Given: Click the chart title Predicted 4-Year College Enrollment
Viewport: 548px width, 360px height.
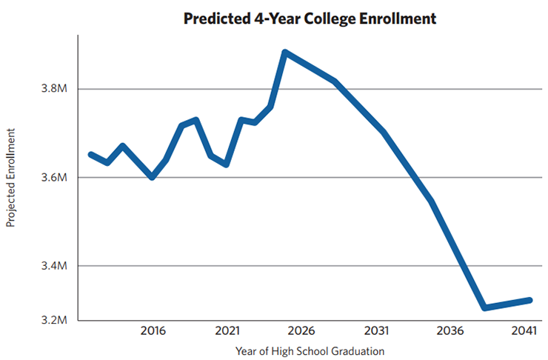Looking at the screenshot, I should (x=310, y=19).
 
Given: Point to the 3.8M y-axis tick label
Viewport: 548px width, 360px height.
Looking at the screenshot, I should (x=54, y=89).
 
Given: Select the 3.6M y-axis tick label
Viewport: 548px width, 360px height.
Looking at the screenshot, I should (x=54, y=178).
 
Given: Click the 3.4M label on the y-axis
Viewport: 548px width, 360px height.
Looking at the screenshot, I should (x=54, y=266).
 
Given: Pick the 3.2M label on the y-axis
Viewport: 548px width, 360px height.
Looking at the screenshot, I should (x=54, y=320).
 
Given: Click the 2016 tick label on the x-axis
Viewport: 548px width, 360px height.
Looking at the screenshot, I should (x=152, y=330).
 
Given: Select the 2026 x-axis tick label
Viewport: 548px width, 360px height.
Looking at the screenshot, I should (x=301, y=330).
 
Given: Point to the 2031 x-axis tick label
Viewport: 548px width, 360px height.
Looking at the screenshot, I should (x=376, y=330).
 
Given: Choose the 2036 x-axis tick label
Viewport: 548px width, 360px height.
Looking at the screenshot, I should (x=451, y=330).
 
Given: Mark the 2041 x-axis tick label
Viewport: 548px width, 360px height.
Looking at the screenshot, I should (x=525, y=330).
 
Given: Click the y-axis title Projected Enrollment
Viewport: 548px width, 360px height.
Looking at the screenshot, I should (x=11, y=177).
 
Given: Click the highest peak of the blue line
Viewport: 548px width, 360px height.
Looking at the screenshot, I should (x=285, y=53).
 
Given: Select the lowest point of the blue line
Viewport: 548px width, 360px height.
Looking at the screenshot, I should (x=484, y=307).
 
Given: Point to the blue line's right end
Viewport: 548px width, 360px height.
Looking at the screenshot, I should (x=529, y=300).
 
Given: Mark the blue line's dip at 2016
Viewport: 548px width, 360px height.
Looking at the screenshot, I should (x=152, y=177).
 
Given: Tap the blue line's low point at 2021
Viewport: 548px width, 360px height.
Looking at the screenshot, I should (x=227, y=164).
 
